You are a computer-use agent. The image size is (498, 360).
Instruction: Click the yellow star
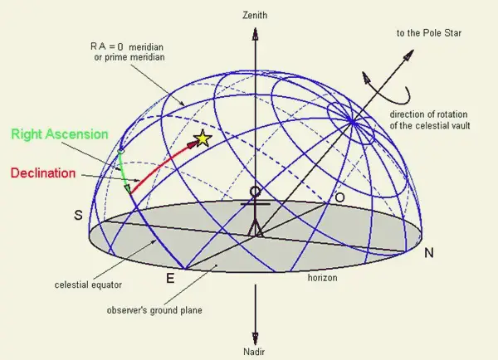(x=203, y=139)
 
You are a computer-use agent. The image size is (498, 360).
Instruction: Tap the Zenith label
(x=255, y=15)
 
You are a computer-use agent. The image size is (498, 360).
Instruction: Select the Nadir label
(x=254, y=352)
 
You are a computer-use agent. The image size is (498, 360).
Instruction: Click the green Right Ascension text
(x=60, y=134)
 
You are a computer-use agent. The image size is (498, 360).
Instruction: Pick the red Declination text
(x=43, y=173)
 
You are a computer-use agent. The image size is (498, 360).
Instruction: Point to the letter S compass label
(x=78, y=215)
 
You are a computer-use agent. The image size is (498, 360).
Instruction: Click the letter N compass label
(x=429, y=253)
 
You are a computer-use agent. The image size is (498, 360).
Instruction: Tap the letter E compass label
(x=170, y=279)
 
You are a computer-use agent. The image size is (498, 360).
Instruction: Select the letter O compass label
(x=339, y=197)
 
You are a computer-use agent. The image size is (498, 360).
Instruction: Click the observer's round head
(x=255, y=192)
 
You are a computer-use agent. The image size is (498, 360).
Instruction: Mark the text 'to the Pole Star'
(x=429, y=33)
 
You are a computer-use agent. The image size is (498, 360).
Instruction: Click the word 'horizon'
(x=322, y=278)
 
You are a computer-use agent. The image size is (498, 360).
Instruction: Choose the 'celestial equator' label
(x=88, y=285)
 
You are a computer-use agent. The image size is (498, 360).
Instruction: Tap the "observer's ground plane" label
(x=154, y=310)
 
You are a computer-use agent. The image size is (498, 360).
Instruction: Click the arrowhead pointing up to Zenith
(x=255, y=33)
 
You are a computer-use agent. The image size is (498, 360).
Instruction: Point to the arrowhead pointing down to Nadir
(x=255, y=338)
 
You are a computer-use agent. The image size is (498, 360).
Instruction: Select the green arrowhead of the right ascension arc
(x=128, y=189)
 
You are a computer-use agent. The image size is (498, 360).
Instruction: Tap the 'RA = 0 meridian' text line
(x=127, y=47)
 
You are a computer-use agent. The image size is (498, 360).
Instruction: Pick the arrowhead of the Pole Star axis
(x=409, y=54)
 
